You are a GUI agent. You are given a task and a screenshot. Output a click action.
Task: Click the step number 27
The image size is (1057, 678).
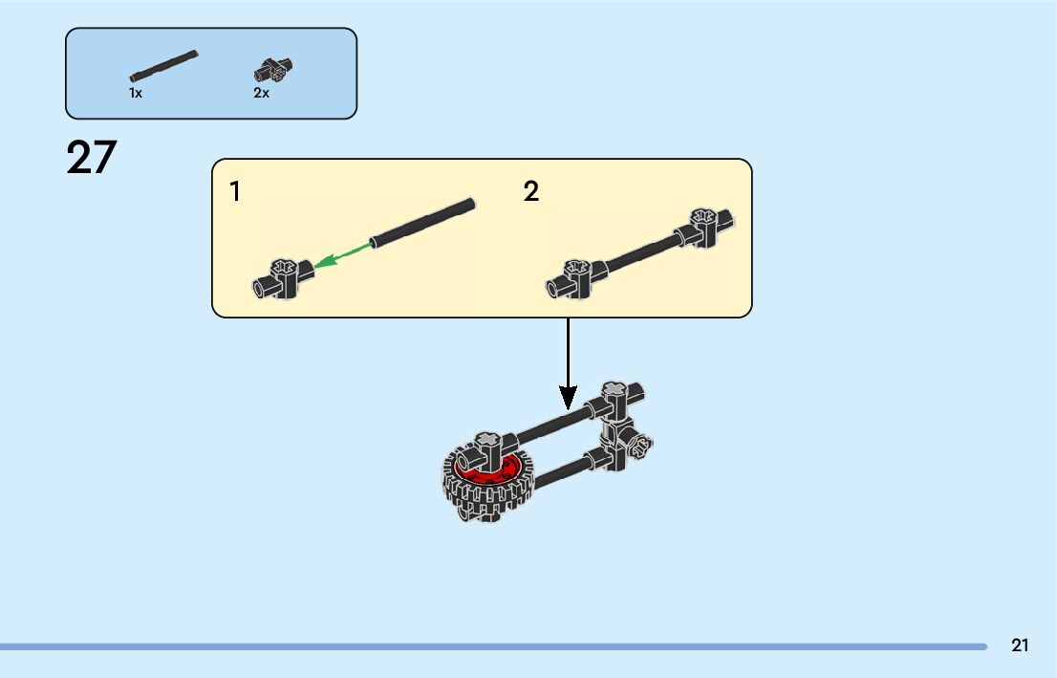(92, 158)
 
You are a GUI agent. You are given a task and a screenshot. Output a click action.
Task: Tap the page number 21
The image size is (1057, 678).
(1020, 645)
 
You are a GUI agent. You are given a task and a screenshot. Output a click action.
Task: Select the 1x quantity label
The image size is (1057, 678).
(136, 94)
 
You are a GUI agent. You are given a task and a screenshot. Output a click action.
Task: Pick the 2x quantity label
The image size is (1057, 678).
(261, 94)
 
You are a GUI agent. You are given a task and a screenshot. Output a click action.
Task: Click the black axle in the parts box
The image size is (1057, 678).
(163, 64)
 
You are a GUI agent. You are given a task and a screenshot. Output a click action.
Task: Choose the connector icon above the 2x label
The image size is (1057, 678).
(272, 70)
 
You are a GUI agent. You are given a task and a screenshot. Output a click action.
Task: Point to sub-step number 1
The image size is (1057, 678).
(235, 192)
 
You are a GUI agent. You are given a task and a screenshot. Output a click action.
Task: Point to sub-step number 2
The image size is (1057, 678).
(531, 192)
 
